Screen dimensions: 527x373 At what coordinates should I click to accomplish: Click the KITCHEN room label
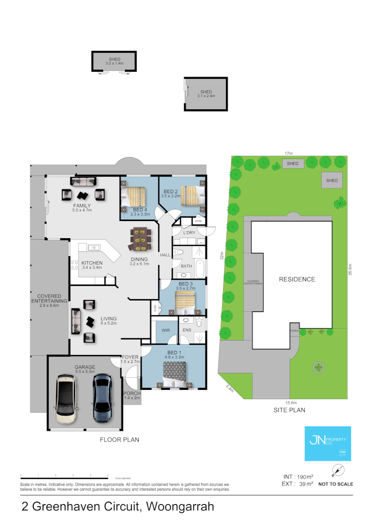point(92,263)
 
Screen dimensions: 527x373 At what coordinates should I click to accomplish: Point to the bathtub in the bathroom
point(200,269)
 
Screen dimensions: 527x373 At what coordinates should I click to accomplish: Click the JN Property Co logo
point(327,443)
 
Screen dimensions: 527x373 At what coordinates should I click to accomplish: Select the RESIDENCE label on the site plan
point(297,280)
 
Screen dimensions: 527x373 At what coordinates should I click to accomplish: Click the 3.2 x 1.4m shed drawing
point(114,61)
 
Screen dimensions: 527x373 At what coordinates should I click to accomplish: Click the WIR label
point(166,330)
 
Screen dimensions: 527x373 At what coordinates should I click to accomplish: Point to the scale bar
point(64,476)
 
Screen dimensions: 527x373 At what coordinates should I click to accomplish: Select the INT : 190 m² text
point(298,476)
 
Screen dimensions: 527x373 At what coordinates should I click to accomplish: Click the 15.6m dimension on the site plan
point(291,403)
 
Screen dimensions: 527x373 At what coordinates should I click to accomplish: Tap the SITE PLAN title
point(289,410)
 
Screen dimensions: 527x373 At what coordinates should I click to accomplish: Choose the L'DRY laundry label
point(189,233)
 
